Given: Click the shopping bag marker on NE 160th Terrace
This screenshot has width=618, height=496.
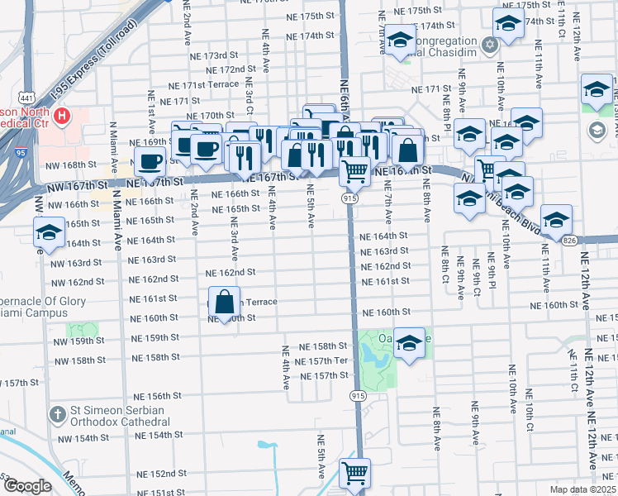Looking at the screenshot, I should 225,302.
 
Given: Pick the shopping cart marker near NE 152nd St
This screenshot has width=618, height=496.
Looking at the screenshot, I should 355,473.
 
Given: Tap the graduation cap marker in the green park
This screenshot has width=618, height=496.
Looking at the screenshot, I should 409,342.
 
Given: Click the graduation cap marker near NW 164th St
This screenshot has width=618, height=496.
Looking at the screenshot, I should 49,234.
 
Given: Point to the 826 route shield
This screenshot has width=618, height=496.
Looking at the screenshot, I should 569,239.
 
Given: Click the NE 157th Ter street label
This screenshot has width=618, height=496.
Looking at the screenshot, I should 324,361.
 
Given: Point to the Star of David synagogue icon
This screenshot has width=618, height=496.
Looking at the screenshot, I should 491,43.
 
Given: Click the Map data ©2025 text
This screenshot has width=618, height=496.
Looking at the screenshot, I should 584,489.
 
